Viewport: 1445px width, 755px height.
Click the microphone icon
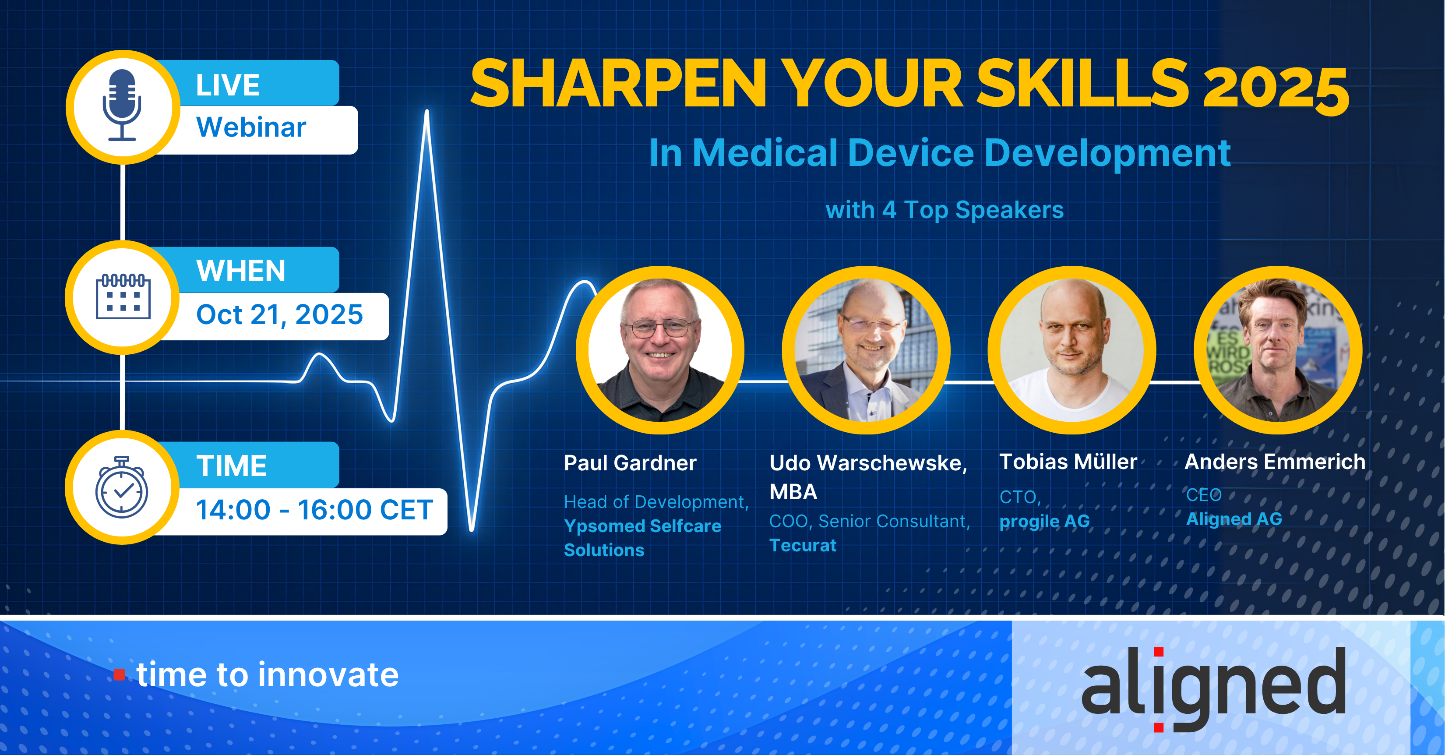point(122,105)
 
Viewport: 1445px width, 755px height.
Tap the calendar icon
point(123,297)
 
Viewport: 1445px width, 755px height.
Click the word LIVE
point(228,85)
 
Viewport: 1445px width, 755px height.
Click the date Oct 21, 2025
point(279,315)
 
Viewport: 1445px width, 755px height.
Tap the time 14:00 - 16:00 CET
point(314,510)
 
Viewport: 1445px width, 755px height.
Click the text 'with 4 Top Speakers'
point(945,210)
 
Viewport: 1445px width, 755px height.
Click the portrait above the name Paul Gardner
point(660,350)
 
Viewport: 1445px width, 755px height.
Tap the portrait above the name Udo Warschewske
point(866,350)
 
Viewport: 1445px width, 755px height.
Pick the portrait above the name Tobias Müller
point(1072,350)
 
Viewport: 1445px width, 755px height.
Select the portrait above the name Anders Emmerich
point(1278,350)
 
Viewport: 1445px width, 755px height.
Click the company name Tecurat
point(803,545)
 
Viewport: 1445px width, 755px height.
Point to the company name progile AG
point(1044,522)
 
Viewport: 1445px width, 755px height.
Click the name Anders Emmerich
point(1275,462)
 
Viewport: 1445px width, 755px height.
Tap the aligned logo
point(1214,688)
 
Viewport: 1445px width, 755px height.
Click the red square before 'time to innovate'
point(120,674)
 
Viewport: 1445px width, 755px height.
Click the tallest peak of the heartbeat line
point(427,111)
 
